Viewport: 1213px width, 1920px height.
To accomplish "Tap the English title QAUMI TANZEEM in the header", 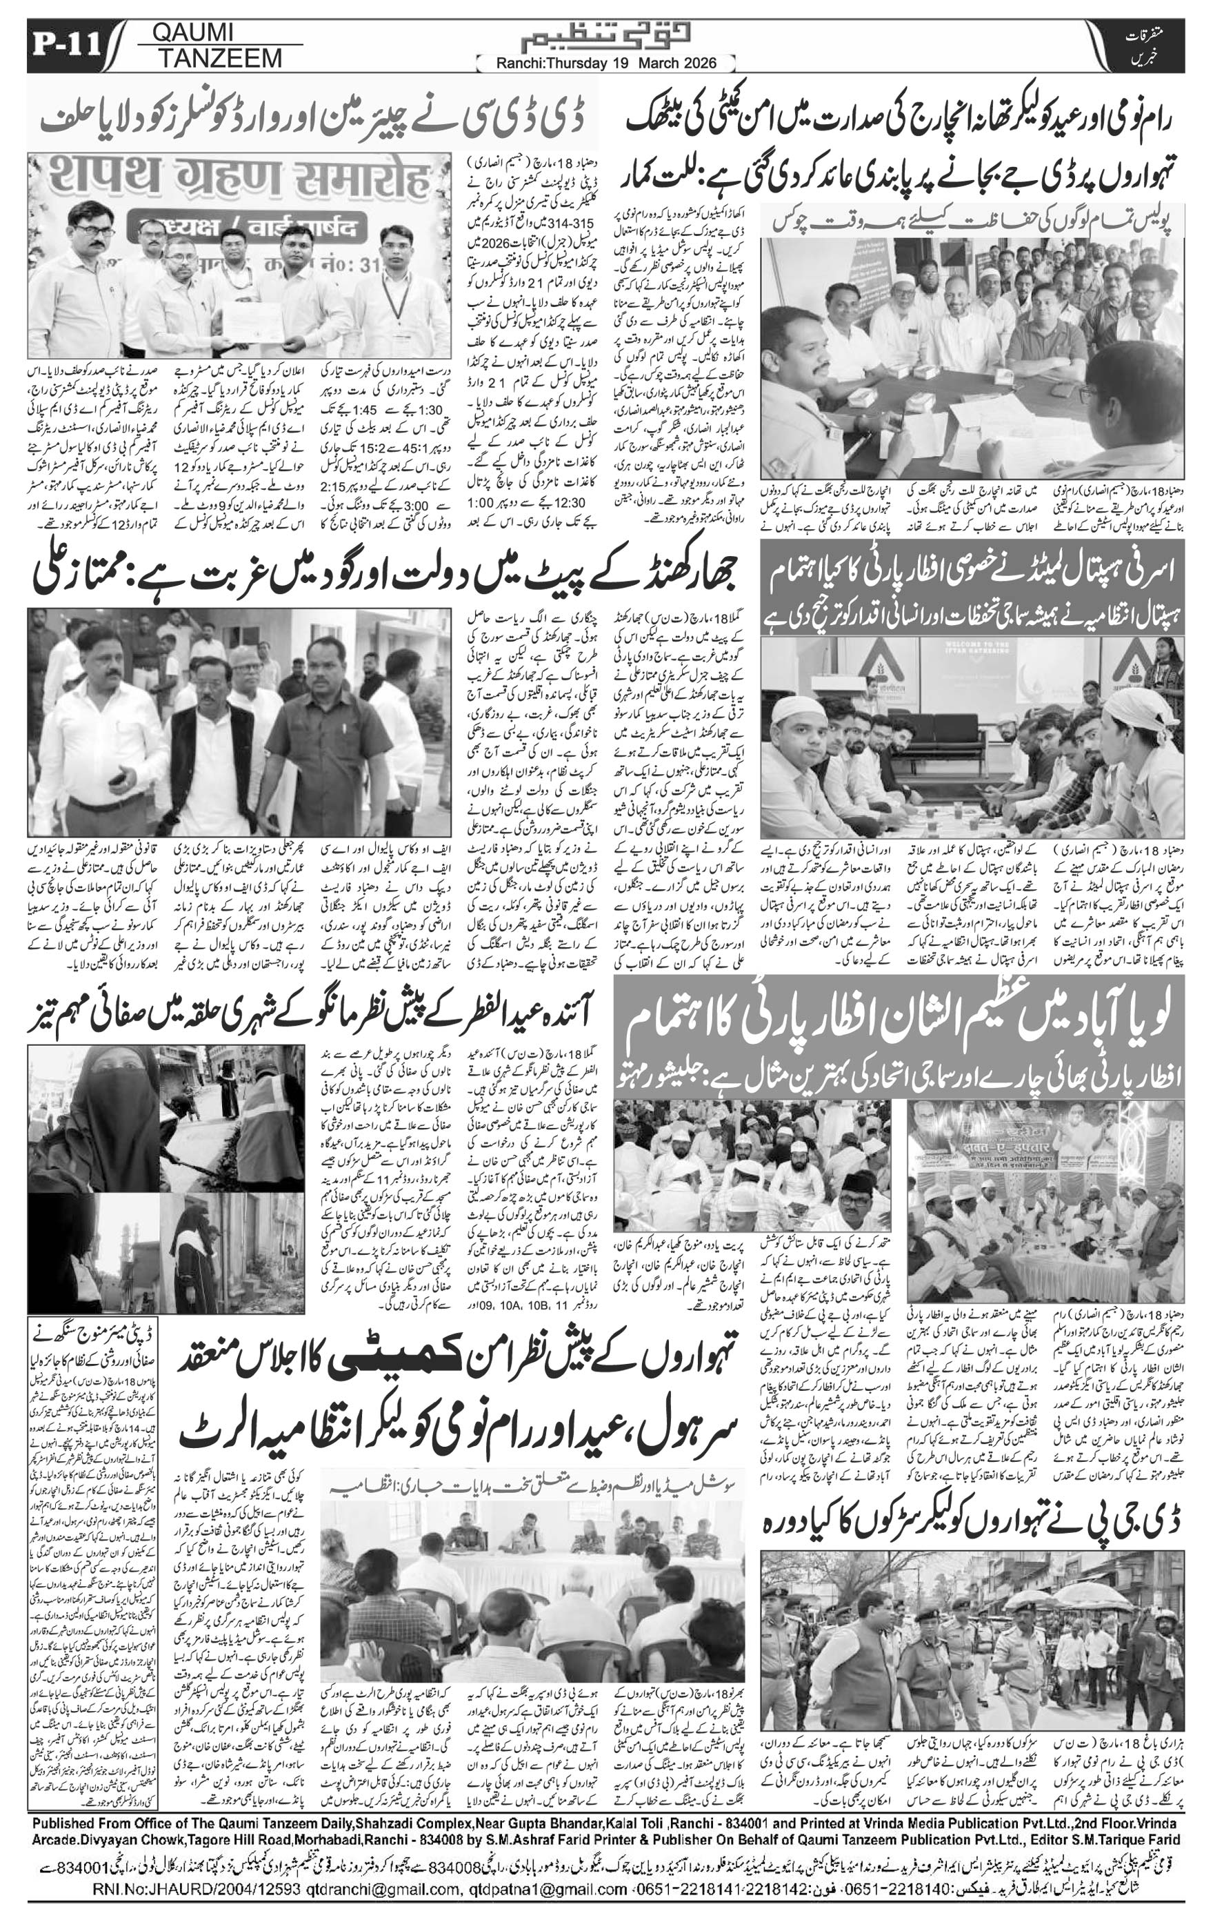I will pyautogui.click(x=208, y=45).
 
